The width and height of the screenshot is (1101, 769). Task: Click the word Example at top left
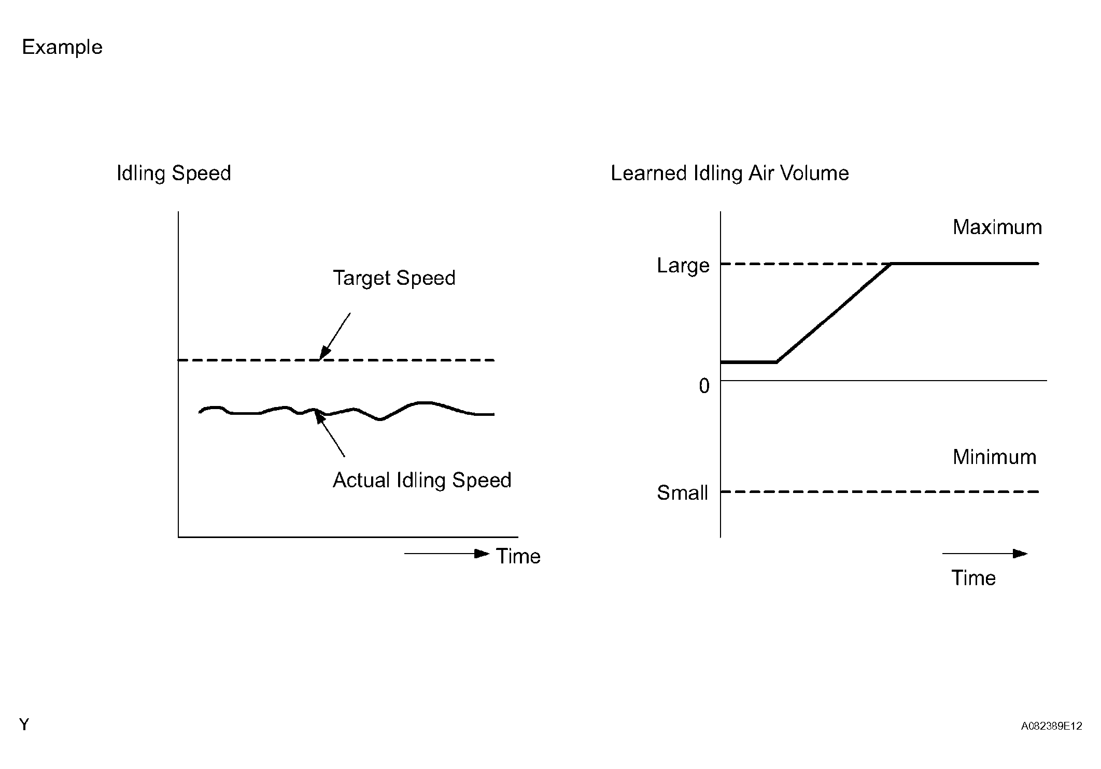click(62, 48)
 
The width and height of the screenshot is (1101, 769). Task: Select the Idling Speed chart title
click(174, 173)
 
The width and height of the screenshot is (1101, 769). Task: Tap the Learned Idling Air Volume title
click(729, 173)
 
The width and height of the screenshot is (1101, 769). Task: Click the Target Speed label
click(394, 278)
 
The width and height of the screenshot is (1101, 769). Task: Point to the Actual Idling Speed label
click(422, 480)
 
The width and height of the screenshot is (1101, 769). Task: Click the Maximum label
click(997, 227)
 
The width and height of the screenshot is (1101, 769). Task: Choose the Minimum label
click(994, 457)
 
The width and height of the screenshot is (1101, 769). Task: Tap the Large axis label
click(683, 266)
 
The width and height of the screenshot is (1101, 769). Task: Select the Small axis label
click(682, 492)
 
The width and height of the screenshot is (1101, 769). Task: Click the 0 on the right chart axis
click(704, 386)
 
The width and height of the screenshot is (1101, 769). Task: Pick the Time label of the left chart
click(518, 556)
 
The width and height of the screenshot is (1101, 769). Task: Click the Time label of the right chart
click(973, 578)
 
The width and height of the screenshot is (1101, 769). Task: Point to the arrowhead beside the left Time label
click(482, 554)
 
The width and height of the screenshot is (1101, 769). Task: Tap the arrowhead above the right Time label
click(1020, 554)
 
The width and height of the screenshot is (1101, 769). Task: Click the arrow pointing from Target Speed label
click(335, 337)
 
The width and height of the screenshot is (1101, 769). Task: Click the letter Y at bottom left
click(24, 724)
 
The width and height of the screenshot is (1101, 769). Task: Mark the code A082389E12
click(1051, 726)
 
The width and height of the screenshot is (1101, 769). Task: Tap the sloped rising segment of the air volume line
click(834, 313)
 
